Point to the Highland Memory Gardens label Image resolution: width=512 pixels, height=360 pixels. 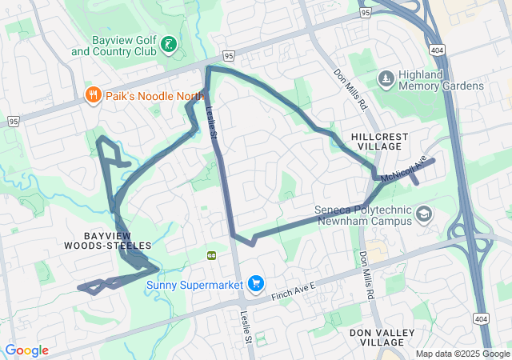click(x=441, y=80)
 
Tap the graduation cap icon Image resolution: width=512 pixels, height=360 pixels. click(x=423, y=214)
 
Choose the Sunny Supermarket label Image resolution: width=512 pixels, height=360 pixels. click(x=195, y=284)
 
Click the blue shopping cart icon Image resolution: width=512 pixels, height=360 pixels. click(x=256, y=283)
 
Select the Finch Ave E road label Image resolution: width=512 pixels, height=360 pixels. click(x=294, y=289)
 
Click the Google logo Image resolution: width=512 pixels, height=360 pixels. click(x=26, y=350)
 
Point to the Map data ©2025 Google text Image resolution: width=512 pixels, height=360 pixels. click(x=462, y=354)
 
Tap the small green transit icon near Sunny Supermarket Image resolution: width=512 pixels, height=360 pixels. click(x=213, y=254)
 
